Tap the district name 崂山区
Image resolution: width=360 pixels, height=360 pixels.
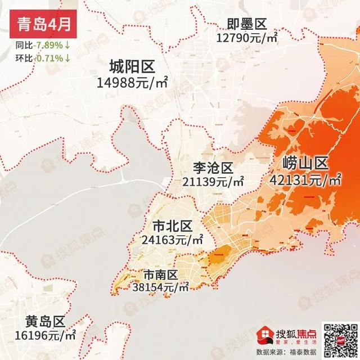[x=305, y=164]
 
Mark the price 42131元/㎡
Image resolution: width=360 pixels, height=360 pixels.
[x=305, y=180]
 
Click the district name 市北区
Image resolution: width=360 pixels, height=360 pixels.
[x=173, y=226]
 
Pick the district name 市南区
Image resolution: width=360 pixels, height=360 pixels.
[x=161, y=274]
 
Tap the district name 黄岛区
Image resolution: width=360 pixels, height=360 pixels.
[x=46, y=322]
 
